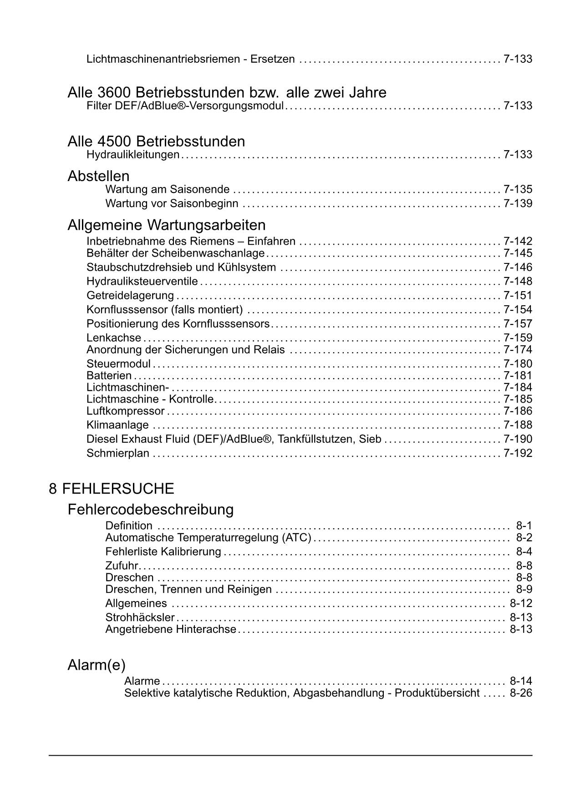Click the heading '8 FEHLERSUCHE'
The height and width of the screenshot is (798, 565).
(x=112, y=489)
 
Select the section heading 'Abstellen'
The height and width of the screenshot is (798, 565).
(x=98, y=176)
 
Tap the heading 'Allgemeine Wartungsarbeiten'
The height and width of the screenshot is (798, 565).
(x=167, y=225)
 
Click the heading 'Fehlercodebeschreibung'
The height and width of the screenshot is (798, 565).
(x=150, y=509)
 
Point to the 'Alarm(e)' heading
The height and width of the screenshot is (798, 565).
(x=96, y=665)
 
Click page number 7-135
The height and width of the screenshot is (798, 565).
(x=518, y=189)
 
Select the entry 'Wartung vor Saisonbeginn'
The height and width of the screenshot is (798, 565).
(x=172, y=203)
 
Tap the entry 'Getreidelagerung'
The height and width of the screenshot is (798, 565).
(x=130, y=296)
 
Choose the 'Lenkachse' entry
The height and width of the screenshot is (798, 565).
(x=114, y=338)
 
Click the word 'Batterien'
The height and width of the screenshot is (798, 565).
(x=109, y=376)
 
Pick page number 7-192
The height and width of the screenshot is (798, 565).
(x=518, y=453)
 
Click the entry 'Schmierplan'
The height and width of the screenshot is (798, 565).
(x=118, y=453)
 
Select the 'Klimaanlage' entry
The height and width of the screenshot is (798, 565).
(x=117, y=425)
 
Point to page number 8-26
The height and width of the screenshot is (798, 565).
(x=521, y=693)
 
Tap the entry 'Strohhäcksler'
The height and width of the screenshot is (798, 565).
(x=140, y=617)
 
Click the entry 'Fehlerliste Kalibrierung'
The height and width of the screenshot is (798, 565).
(x=163, y=552)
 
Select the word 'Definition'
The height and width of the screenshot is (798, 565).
(x=129, y=526)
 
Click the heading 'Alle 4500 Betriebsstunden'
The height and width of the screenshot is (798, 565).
(x=156, y=141)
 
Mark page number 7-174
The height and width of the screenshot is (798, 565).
(x=518, y=350)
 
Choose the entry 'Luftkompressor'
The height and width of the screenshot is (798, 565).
(x=125, y=411)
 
